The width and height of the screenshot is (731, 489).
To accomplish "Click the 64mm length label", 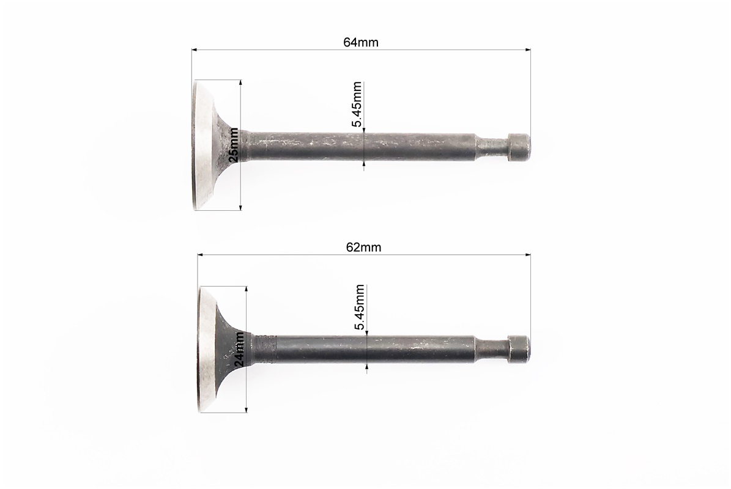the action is [361, 42].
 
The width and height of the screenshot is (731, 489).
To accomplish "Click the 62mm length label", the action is [363, 248].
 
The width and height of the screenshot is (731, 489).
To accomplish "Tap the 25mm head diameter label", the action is [234, 145].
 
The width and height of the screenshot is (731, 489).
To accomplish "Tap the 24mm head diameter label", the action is [239, 348].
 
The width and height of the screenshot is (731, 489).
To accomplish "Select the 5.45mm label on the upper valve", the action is [357, 105].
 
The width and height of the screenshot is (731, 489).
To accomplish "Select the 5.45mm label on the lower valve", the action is [360, 307].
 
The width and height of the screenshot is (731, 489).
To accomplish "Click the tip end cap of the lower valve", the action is [519, 349].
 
